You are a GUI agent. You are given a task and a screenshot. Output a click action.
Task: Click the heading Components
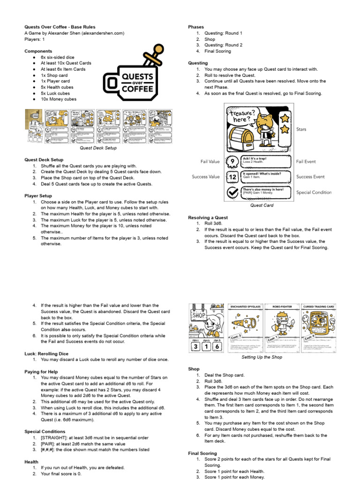38,51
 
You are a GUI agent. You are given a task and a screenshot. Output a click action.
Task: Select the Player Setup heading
38,195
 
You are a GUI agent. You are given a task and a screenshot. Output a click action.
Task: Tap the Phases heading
196,27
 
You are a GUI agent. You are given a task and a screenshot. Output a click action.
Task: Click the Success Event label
310,177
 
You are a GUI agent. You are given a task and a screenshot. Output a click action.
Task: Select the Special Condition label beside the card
314,192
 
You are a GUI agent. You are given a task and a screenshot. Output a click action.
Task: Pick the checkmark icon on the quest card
232,192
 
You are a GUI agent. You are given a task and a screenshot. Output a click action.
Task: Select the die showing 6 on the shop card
216,347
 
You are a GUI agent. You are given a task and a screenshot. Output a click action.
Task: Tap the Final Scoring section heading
202,453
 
